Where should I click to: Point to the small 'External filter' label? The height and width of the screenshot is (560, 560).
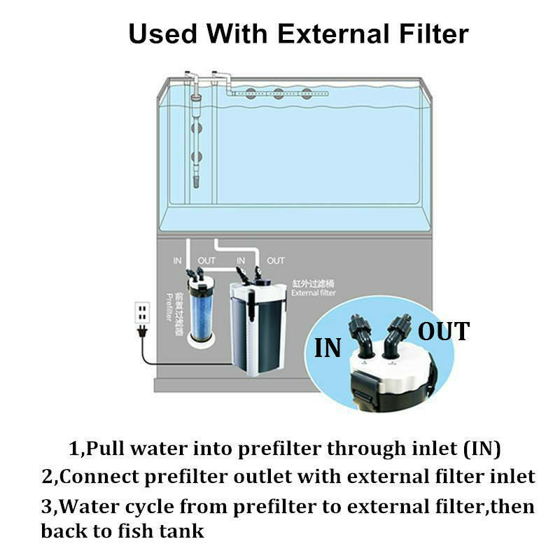point(314,293)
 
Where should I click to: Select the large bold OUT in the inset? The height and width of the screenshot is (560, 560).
point(444,331)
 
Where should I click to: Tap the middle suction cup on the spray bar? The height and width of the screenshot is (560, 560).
point(279,93)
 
